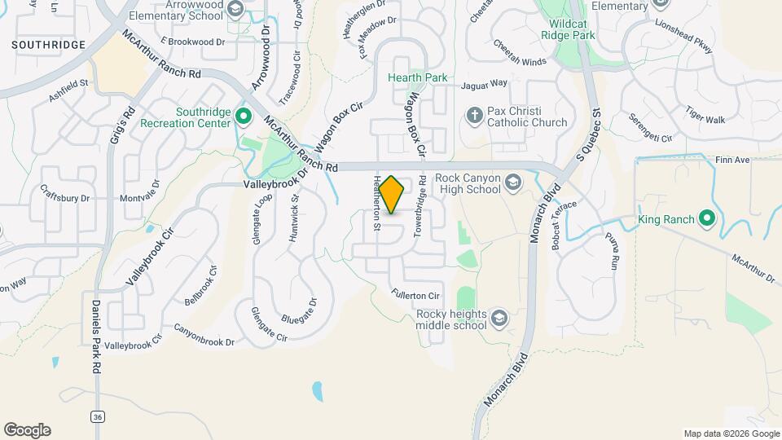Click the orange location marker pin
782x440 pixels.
[x=392, y=195]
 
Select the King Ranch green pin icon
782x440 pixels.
[x=706, y=219]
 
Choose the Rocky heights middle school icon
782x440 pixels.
[x=499, y=319]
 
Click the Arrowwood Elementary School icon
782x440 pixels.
[x=235, y=10]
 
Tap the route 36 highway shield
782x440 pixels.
[x=98, y=416]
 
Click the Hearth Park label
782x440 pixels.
[x=417, y=78]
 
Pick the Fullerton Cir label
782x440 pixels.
[x=415, y=295]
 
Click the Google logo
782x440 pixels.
[x=27, y=430]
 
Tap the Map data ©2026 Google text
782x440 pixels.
[x=731, y=433]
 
